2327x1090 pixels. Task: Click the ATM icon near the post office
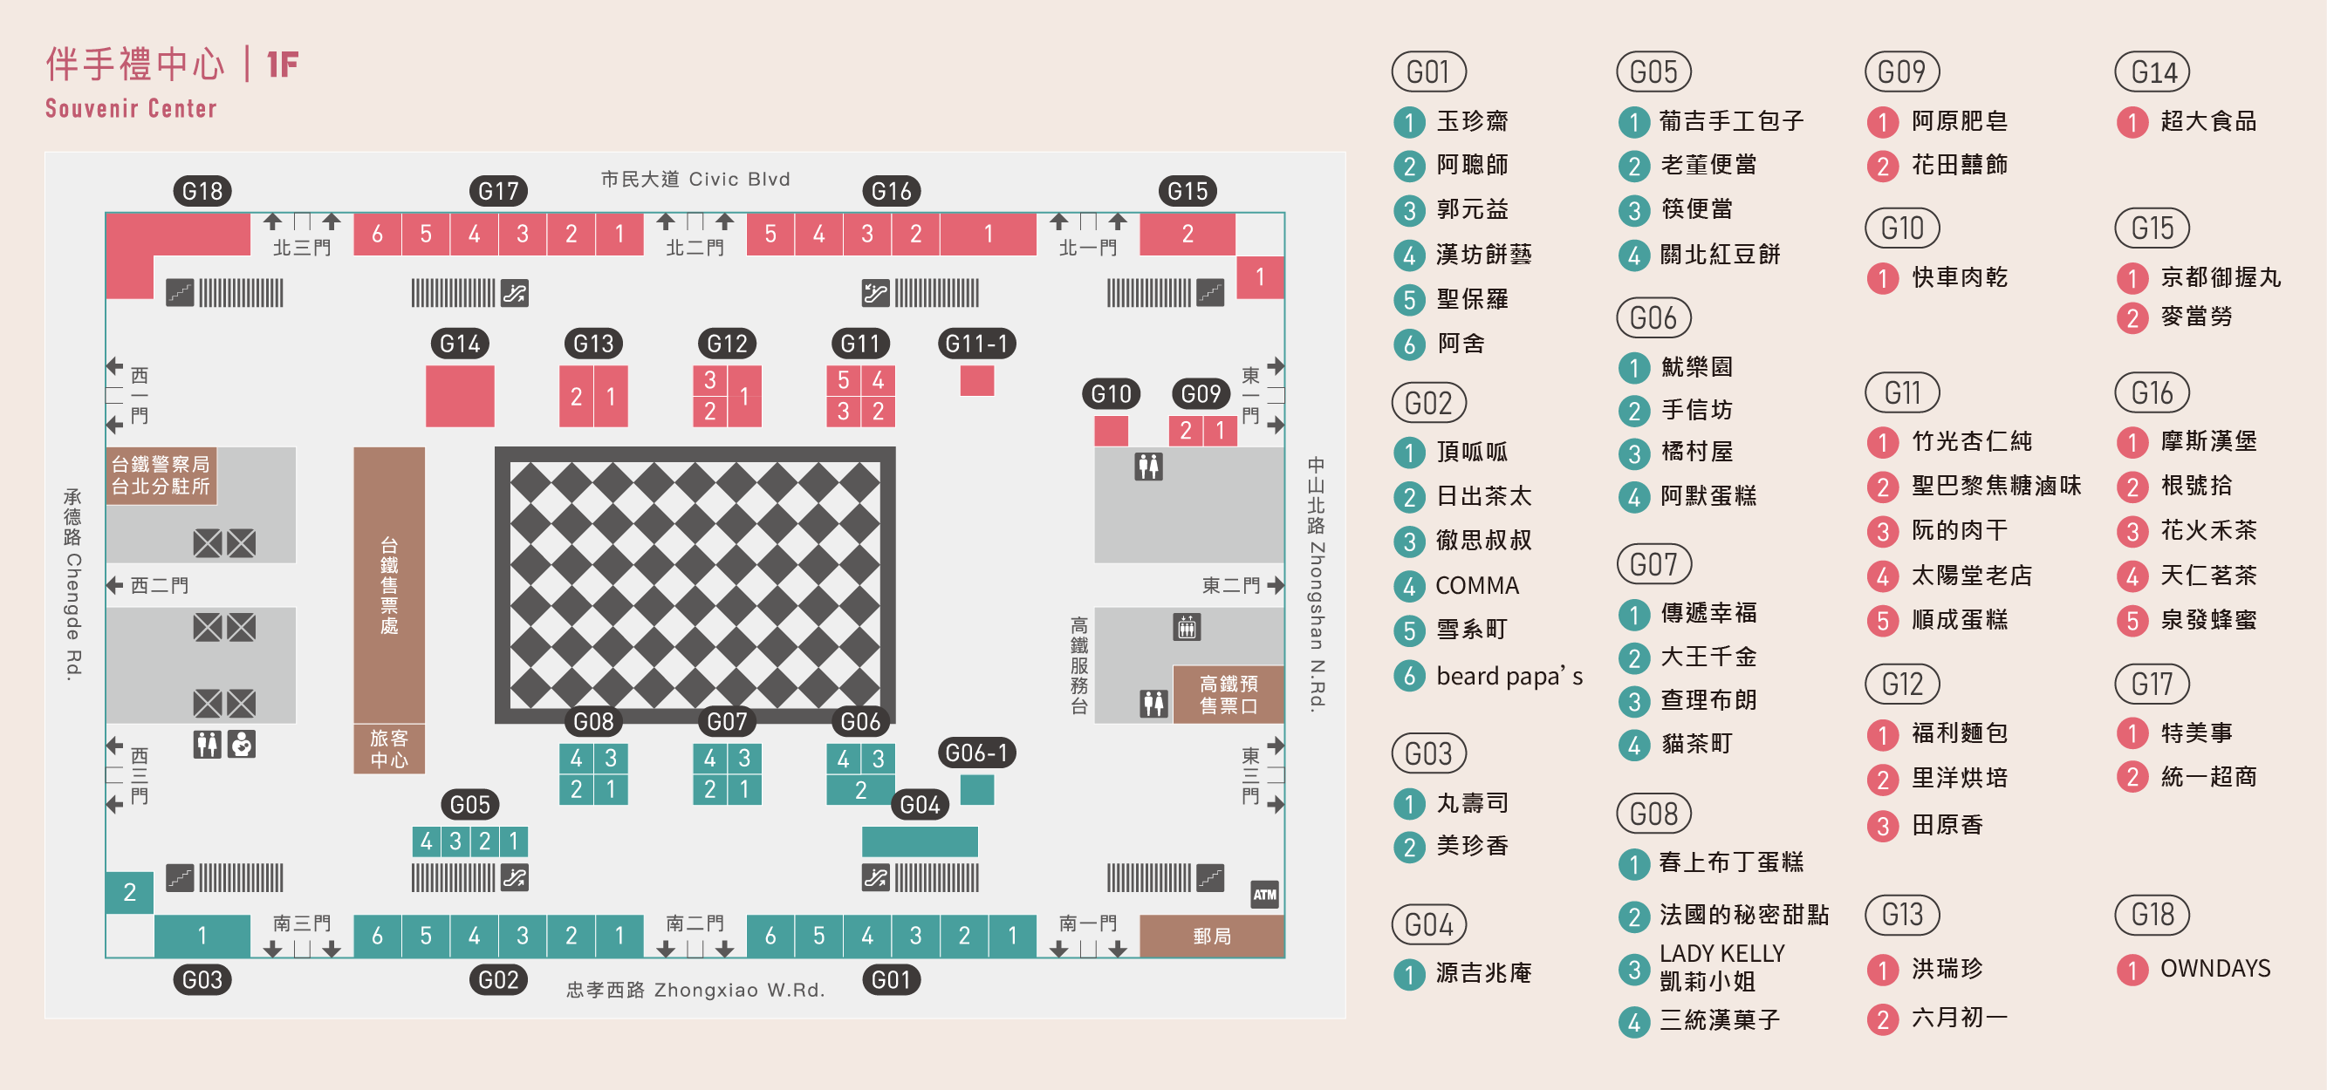(1263, 894)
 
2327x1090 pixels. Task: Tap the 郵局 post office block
(1211, 936)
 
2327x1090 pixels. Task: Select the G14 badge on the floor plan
(460, 344)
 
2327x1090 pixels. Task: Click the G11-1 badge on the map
(976, 344)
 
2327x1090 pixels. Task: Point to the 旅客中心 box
(388, 749)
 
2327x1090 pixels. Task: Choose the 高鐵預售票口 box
(1228, 694)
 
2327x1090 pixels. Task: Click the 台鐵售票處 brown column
(388, 585)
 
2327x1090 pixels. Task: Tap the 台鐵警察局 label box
(161, 475)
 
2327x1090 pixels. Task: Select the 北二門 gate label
(695, 248)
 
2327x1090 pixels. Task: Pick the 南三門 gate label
(302, 923)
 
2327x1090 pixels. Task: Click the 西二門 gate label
(160, 585)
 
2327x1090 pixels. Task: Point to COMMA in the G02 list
(1477, 585)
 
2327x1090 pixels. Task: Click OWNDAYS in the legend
(2215, 968)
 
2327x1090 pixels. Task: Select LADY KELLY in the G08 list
(1721, 954)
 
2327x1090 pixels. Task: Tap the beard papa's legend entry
(1509, 676)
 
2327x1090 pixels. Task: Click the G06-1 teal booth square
(976, 789)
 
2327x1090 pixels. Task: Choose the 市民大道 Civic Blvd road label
(695, 179)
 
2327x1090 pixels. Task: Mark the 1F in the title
(283, 65)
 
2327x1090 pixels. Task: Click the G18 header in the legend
(2152, 915)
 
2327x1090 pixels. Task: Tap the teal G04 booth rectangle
(920, 841)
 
